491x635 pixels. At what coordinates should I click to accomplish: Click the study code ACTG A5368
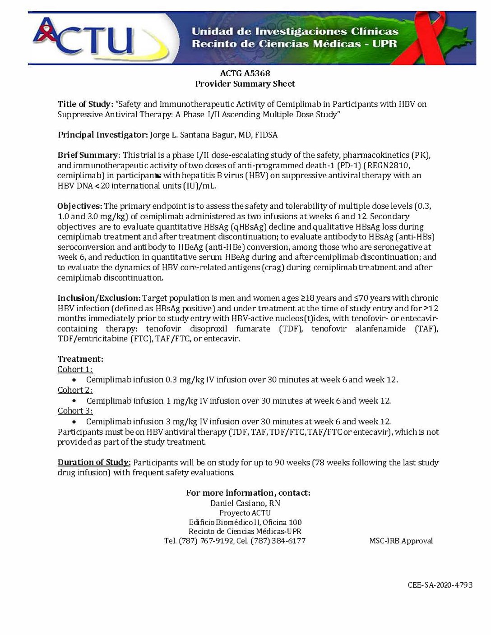coord(245,73)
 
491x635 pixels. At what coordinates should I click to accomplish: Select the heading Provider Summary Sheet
coord(245,84)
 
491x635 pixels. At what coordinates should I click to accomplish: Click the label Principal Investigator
coord(102,135)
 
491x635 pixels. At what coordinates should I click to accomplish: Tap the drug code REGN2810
coord(388,166)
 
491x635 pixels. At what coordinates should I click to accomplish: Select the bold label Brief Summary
coord(88,155)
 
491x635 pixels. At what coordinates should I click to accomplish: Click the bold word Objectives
coord(79,206)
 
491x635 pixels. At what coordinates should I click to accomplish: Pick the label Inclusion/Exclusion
coord(99,298)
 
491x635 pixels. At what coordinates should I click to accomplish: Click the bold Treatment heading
coord(80,359)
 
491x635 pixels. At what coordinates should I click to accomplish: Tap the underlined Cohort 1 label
coord(75,369)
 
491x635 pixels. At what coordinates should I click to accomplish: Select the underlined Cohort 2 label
coord(75,390)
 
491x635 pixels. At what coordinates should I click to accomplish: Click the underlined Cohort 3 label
coord(75,411)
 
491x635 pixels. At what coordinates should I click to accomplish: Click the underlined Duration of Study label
coord(94,462)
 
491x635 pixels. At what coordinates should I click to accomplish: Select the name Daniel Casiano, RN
coord(245,503)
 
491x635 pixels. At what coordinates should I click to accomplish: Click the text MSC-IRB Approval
coord(401,541)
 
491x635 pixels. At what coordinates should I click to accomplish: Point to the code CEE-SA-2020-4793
coord(440,585)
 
